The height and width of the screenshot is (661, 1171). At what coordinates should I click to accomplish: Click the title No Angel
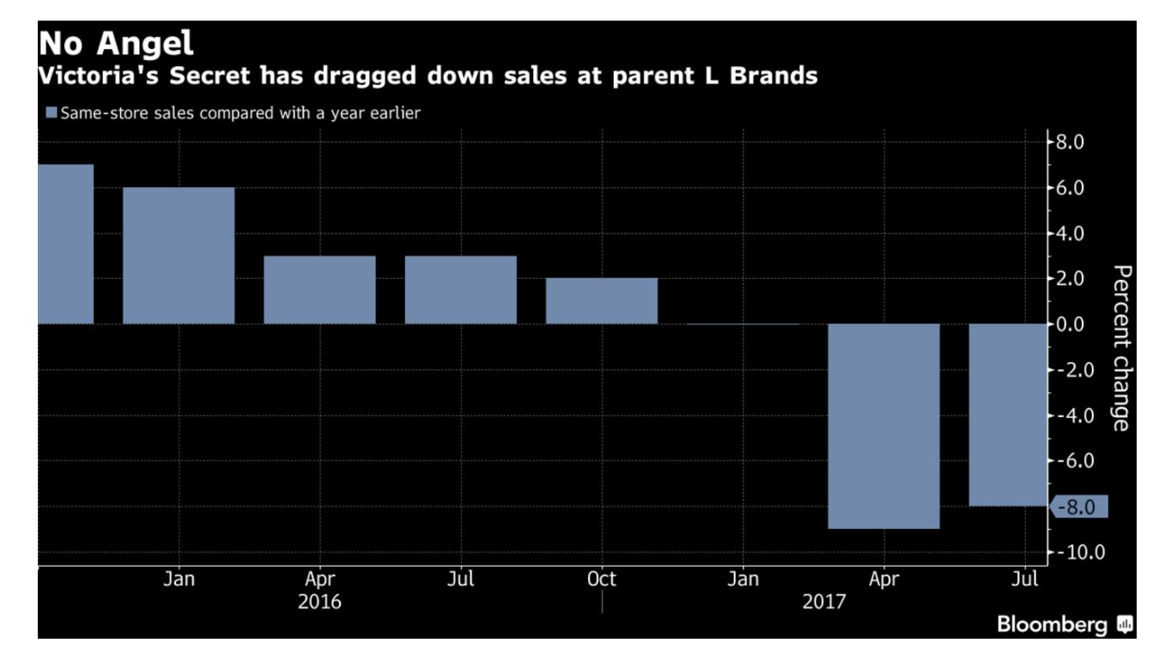(x=117, y=44)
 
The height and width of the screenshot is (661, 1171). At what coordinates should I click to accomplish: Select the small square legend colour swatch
(x=51, y=112)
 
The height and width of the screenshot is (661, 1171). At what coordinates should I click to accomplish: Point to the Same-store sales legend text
(x=240, y=112)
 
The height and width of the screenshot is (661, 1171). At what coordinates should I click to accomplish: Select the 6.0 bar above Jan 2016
(x=179, y=256)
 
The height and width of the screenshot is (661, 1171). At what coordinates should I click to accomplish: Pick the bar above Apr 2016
(x=319, y=290)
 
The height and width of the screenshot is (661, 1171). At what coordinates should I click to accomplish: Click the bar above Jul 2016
(x=461, y=290)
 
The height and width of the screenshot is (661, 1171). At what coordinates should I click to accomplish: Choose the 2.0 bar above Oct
(x=602, y=301)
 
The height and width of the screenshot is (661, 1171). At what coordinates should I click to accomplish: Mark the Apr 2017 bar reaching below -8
(x=883, y=426)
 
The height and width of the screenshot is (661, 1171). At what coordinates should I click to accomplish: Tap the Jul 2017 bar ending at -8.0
(x=1008, y=415)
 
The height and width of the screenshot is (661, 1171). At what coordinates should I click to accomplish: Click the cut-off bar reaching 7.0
(x=65, y=244)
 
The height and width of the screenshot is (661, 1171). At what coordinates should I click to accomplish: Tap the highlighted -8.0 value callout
(x=1078, y=506)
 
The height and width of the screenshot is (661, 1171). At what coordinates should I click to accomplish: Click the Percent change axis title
(x=1121, y=348)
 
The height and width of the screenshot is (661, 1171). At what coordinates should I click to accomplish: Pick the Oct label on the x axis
(x=601, y=579)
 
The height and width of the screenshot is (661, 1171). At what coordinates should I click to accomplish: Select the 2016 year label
(x=319, y=602)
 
